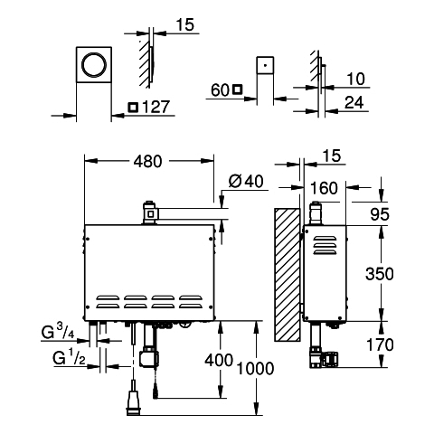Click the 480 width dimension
pyautogui.click(x=147, y=162)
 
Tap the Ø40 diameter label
pyautogui.click(x=246, y=181)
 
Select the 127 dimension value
pyautogui.click(x=156, y=108)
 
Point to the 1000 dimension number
pyautogui.click(x=255, y=368)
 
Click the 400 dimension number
pyautogui.click(x=219, y=360)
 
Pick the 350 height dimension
pyautogui.click(x=380, y=274)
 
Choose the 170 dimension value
pyautogui.click(x=380, y=344)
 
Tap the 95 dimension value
pyautogui.click(x=380, y=214)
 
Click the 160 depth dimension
pyautogui.click(x=324, y=188)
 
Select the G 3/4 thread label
pyautogui.click(x=58, y=332)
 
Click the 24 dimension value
pyautogui.click(x=354, y=102)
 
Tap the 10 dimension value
pyautogui.click(x=355, y=79)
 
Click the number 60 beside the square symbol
pyautogui.click(x=221, y=90)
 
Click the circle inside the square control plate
pyautogui.click(x=94, y=65)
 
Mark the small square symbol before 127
pyautogui.click(x=133, y=108)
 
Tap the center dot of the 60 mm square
pyautogui.click(x=265, y=65)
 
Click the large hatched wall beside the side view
pyautogui.click(x=288, y=275)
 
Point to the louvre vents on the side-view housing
pyautogui.click(x=325, y=245)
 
